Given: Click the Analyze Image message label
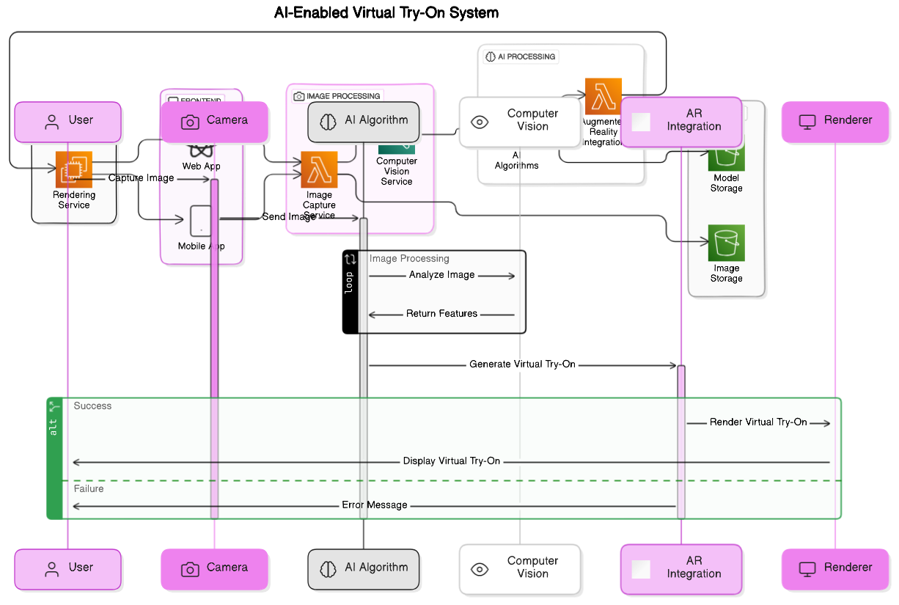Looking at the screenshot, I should coord(441,275).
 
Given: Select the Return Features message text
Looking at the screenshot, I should coord(441,314).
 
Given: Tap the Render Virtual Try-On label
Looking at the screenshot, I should coord(757,422).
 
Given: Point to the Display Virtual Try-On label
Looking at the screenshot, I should coord(451,461).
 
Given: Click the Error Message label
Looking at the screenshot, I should coord(374,505).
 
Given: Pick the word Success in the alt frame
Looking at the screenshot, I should coord(92,406).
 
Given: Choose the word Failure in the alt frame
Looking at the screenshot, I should coord(89,488).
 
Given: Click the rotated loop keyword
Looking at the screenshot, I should coord(350,282).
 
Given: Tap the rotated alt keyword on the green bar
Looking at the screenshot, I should coord(54,427).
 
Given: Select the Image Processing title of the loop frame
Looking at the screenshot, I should coord(409,259).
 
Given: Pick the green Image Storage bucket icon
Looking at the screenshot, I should coord(726,243).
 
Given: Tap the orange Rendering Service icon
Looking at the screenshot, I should coord(74,169).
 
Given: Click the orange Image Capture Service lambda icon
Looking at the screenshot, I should coord(319,170).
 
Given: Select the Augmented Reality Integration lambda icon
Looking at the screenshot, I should coord(603,95).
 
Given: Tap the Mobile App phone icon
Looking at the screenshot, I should coord(200,221).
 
